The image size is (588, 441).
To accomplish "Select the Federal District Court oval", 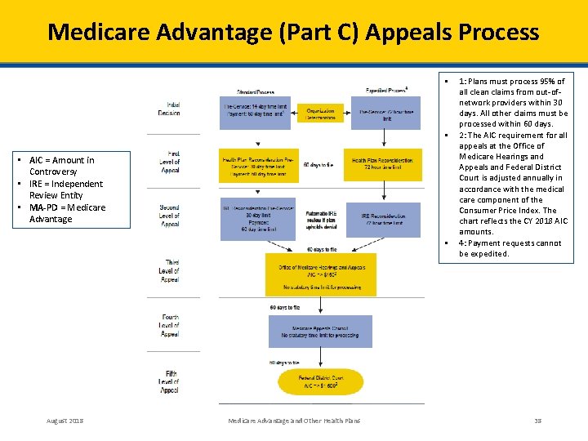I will [320, 382].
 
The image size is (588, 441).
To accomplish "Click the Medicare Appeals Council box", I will [320, 331].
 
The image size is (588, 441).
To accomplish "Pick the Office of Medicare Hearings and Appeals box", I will [320, 274].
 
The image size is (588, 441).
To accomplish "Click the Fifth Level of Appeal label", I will [169, 381].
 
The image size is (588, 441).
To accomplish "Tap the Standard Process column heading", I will [256, 91].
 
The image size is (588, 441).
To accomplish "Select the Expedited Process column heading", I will [386, 90].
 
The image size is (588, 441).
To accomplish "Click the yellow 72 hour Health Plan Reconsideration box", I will [382, 164].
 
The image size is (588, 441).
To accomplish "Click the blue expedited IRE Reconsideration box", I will [382, 219].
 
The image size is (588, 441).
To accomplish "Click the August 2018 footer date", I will [65, 421].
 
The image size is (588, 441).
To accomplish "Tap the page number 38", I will [537, 421].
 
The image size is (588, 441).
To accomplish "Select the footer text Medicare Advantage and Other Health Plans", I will [293, 421].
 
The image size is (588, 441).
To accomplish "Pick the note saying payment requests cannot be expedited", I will [510, 248].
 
